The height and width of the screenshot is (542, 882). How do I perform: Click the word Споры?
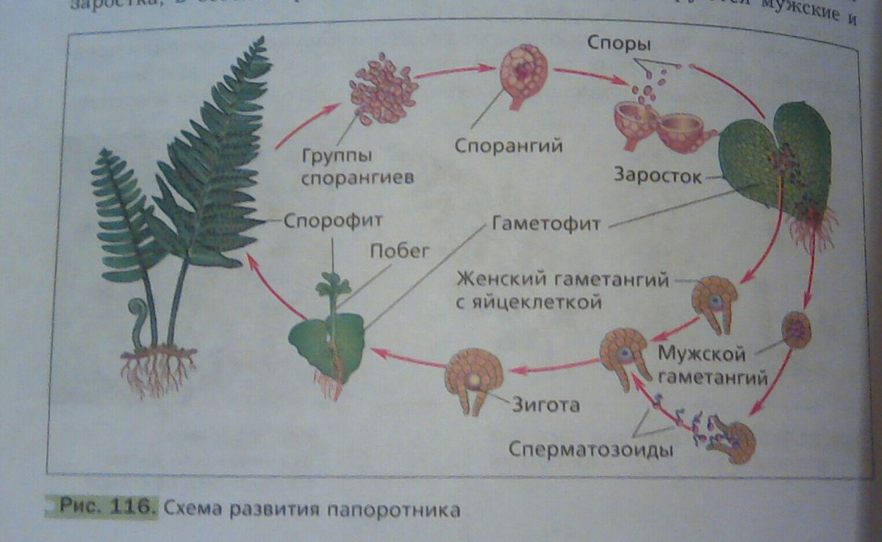618,44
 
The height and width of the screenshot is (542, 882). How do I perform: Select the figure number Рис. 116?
103,507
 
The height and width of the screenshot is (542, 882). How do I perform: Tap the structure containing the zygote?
473,378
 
